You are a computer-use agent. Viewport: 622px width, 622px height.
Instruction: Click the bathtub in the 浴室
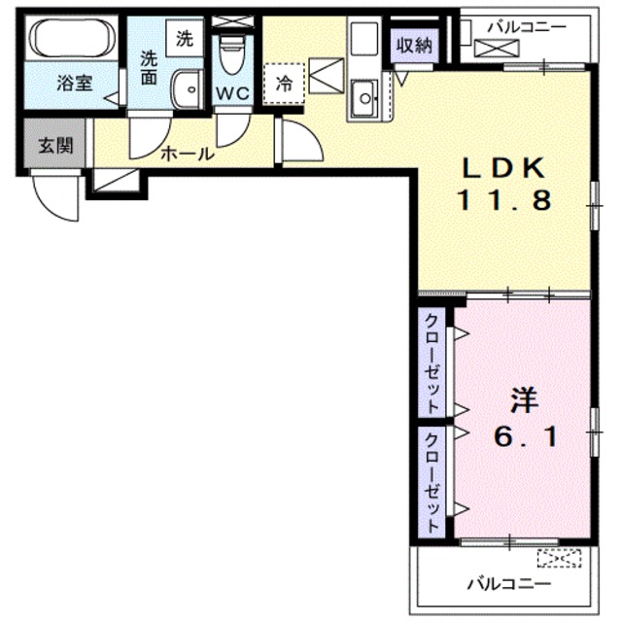point(74,39)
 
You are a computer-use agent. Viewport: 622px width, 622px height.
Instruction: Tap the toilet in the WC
point(233,54)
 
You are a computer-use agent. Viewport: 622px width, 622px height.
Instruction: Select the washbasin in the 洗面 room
point(186,90)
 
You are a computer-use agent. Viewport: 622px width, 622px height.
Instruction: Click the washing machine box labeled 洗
point(185,39)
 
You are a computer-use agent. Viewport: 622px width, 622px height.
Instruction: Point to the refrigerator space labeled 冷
point(284,84)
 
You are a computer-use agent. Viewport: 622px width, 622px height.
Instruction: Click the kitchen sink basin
point(364,98)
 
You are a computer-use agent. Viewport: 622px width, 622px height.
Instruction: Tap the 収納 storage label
point(414,46)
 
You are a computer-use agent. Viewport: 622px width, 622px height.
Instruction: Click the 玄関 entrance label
point(55,146)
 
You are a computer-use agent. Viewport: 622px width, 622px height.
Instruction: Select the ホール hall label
point(188,154)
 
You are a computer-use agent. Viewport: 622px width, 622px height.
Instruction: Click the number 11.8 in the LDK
point(504,200)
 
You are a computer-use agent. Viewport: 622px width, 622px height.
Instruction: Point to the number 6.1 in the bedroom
point(526,437)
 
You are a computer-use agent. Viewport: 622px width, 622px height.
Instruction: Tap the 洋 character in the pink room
point(524,400)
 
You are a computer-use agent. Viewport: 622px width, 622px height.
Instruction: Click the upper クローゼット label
point(432,363)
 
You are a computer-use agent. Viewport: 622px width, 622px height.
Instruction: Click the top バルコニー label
point(527,27)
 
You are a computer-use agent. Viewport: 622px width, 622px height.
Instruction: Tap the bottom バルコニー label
point(509,583)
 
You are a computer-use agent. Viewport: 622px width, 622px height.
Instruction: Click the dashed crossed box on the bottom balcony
point(560,558)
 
